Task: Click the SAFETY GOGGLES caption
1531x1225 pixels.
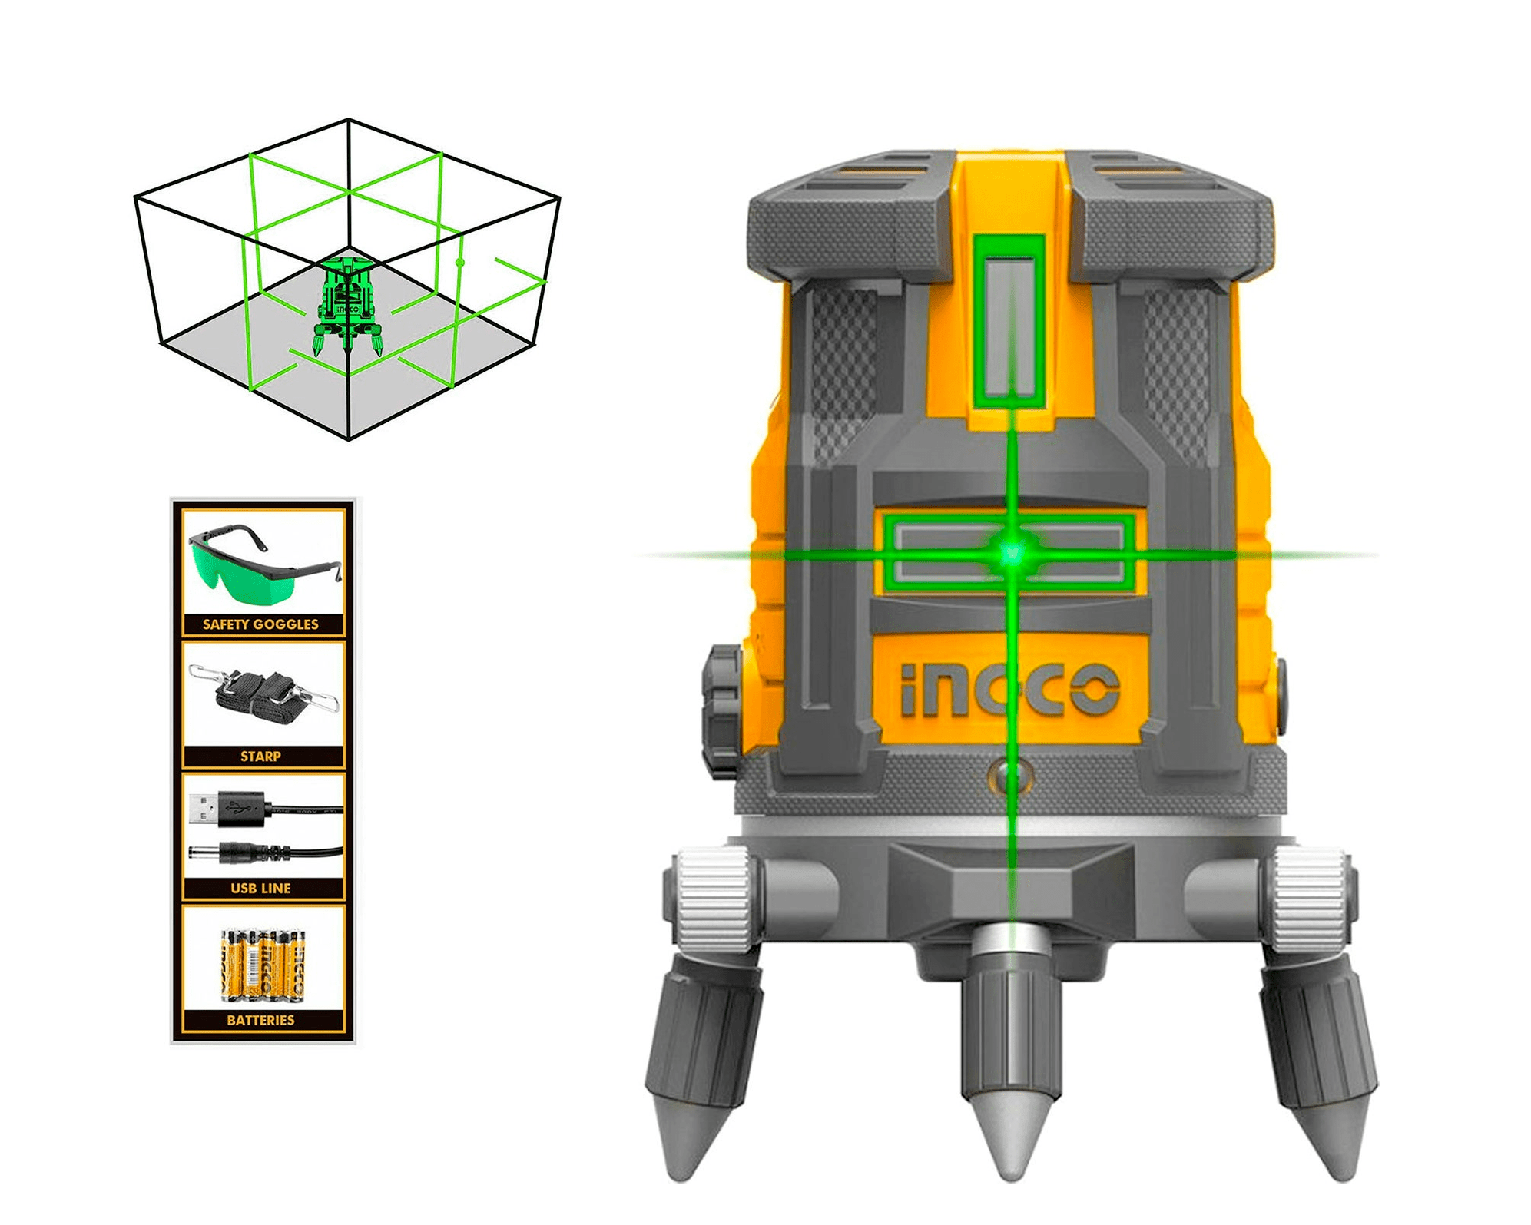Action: click(x=260, y=624)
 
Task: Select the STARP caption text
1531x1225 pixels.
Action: click(x=260, y=757)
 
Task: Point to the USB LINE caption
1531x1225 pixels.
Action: click(x=260, y=889)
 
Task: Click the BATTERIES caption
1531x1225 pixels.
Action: click(x=260, y=1021)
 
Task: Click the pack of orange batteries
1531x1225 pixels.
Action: click(x=263, y=965)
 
